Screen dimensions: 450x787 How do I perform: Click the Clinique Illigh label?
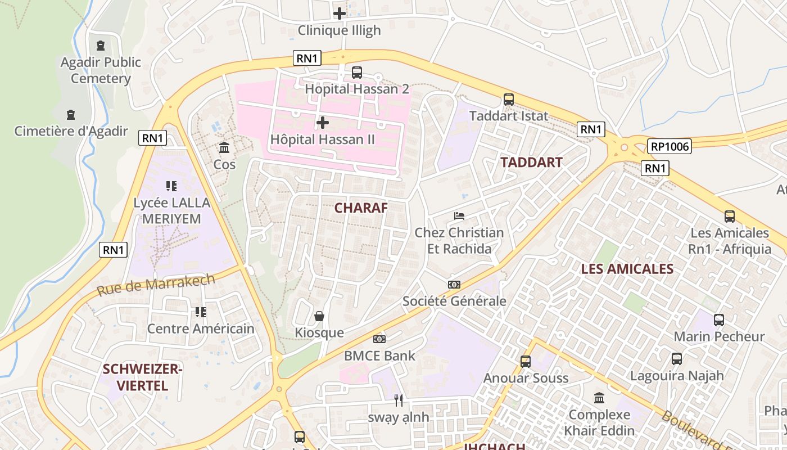click(x=339, y=30)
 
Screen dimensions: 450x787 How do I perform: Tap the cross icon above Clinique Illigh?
click(x=340, y=13)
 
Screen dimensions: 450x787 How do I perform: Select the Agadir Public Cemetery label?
click(x=101, y=70)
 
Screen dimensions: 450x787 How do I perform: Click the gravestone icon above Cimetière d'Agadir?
click(x=71, y=115)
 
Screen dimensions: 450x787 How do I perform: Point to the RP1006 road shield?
click(x=669, y=146)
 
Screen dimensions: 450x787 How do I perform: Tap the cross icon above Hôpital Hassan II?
click(x=323, y=122)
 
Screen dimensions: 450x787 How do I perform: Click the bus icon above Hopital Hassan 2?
click(x=357, y=72)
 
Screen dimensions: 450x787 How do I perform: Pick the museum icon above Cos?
click(x=224, y=148)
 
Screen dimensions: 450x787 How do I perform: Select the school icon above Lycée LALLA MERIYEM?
click(x=171, y=186)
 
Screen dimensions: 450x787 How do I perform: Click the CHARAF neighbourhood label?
click(x=361, y=208)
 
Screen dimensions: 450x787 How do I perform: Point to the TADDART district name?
click(x=531, y=163)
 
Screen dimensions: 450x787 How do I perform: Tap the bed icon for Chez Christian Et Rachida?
click(x=459, y=216)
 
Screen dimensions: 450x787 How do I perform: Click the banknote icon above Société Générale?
click(x=454, y=285)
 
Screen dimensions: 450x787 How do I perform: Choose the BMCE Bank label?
click(x=379, y=355)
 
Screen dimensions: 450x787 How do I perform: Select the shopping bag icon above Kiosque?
click(x=319, y=316)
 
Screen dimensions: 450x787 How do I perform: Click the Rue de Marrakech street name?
click(x=156, y=285)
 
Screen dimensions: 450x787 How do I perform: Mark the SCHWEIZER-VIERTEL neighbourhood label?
click(x=135, y=377)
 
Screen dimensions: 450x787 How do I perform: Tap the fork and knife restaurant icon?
click(x=399, y=400)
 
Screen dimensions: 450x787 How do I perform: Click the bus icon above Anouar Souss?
click(x=526, y=361)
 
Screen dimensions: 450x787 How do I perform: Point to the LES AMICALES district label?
click(x=627, y=269)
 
